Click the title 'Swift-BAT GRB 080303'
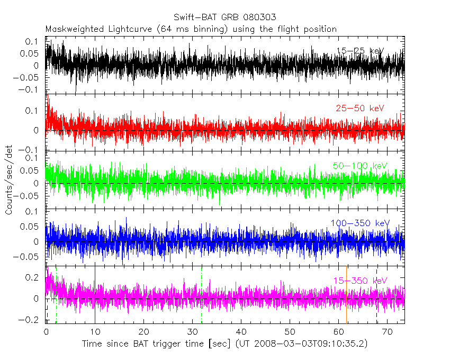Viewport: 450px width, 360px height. tap(224, 17)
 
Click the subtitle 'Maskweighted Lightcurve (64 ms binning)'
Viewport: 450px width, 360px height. tap(136, 29)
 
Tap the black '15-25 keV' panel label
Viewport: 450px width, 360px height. tap(360, 51)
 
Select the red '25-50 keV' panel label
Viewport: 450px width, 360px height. tap(359, 109)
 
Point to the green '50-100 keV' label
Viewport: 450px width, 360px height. tap(360, 166)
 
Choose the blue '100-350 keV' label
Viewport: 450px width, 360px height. tap(359, 223)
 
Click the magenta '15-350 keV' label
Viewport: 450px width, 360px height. tap(360, 281)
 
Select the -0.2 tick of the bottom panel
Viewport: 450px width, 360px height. tap(33, 320)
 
